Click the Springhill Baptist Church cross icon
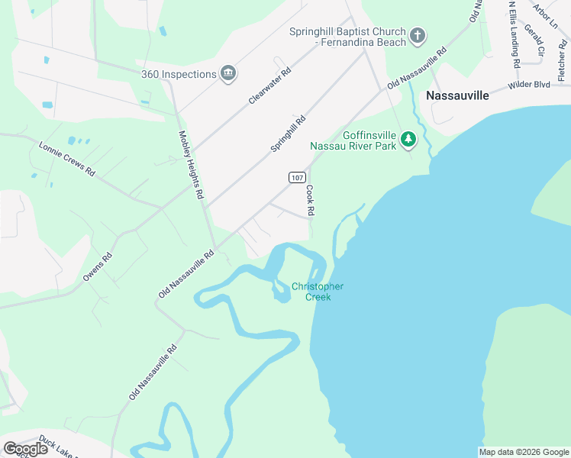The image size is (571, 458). (x=418, y=34)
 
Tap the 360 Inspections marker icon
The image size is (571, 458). (x=227, y=73)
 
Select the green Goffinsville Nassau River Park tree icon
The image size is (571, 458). (x=409, y=138)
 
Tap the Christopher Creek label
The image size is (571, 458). (x=318, y=292)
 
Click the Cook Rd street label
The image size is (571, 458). (x=311, y=199)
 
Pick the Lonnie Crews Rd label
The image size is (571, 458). (x=66, y=160)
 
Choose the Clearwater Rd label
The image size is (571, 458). (x=270, y=86)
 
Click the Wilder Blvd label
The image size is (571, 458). (x=528, y=85)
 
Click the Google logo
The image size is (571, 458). (x=25, y=448)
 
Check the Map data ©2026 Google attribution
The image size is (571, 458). (x=524, y=452)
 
